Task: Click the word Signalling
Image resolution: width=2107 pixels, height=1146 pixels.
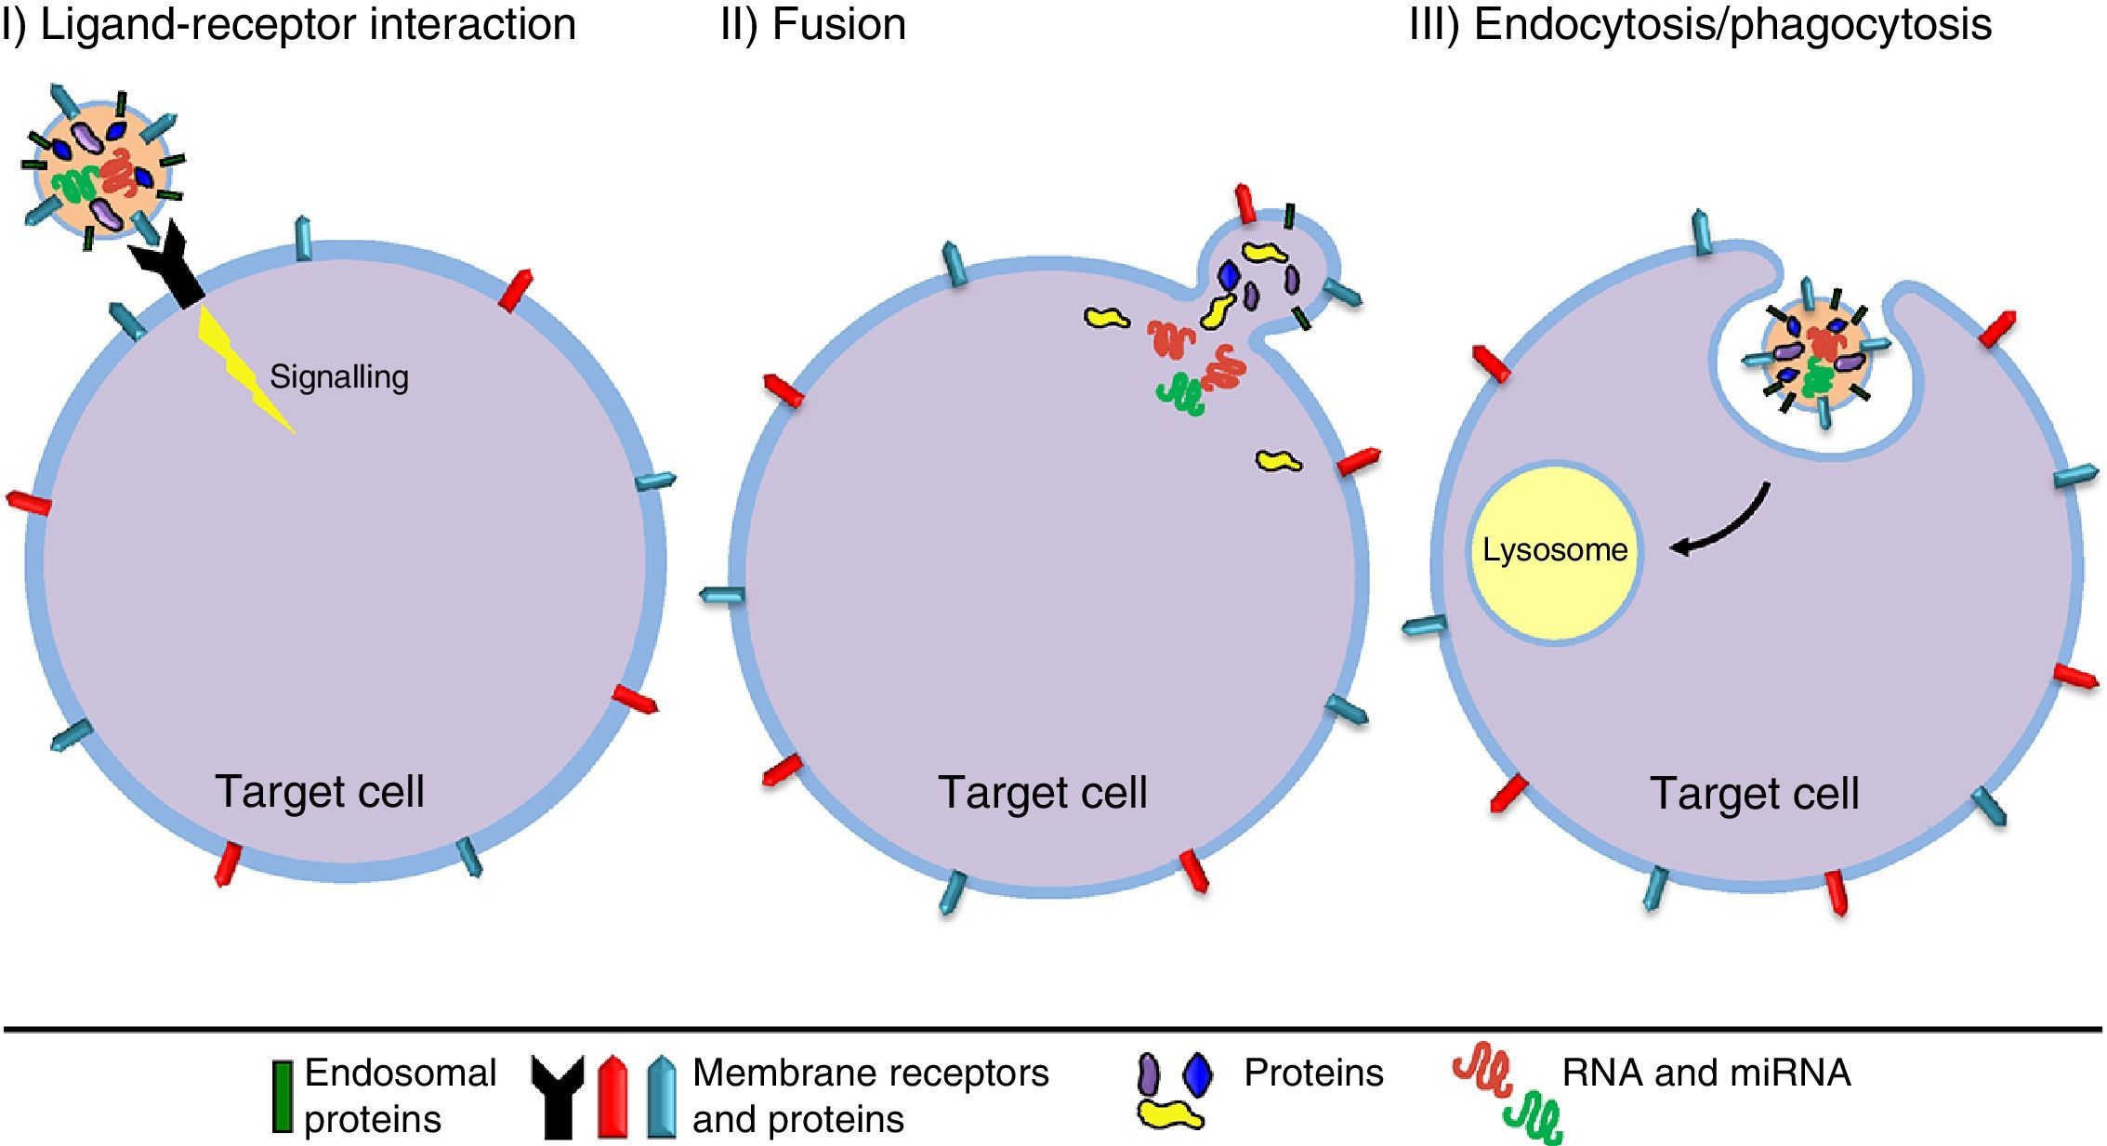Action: point(339,376)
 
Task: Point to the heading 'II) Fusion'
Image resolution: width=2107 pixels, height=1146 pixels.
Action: point(813,24)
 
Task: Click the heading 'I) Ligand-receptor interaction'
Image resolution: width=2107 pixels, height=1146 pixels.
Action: point(288,25)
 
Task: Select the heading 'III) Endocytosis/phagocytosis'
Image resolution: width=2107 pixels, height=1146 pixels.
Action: point(1701,25)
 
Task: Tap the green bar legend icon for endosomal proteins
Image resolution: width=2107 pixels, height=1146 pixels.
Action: point(282,1097)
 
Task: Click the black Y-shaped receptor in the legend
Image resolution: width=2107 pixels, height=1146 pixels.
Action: point(558,1097)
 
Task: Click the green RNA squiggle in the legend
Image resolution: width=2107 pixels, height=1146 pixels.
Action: point(1534,1119)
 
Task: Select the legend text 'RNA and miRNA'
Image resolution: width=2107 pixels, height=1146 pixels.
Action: point(1706,1074)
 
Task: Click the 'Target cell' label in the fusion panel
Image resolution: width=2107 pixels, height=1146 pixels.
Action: point(1043,793)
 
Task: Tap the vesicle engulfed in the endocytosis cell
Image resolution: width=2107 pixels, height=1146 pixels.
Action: point(1815,356)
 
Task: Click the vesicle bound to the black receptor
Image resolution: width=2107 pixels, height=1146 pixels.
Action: point(102,167)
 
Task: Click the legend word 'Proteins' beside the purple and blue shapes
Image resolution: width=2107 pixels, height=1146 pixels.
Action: point(1313,1074)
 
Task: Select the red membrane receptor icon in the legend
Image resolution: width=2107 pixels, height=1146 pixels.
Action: point(612,1097)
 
